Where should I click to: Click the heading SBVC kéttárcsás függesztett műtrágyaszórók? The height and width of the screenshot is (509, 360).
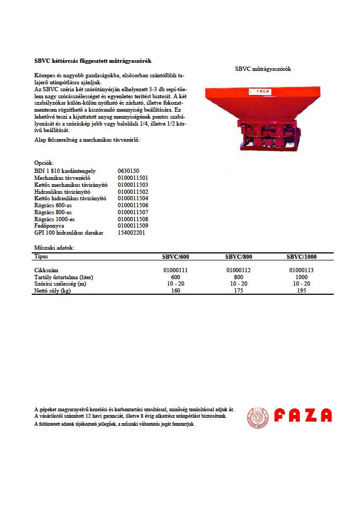(x=93, y=61)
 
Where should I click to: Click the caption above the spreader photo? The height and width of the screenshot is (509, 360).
(x=263, y=69)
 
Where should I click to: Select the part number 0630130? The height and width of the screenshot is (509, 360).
(x=128, y=171)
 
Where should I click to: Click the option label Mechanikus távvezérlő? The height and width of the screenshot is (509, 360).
(x=62, y=178)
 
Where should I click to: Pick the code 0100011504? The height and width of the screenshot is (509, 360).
(x=133, y=199)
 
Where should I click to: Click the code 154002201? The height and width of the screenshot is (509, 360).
(x=131, y=234)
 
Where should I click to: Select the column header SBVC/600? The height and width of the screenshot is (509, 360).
(x=176, y=257)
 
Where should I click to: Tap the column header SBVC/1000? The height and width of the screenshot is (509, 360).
(x=301, y=257)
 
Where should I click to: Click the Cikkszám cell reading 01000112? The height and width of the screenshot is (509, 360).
(x=239, y=270)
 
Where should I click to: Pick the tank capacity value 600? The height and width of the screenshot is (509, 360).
(x=176, y=277)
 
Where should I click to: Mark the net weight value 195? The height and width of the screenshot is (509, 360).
(x=301, y=291)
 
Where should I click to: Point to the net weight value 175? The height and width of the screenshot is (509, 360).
(x=239, y=291)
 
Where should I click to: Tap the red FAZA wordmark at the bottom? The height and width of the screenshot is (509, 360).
(x=303, y=416)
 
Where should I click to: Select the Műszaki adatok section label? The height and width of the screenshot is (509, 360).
(x=54, y=248)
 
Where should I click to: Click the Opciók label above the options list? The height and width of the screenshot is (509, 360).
(x=44, y=163)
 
